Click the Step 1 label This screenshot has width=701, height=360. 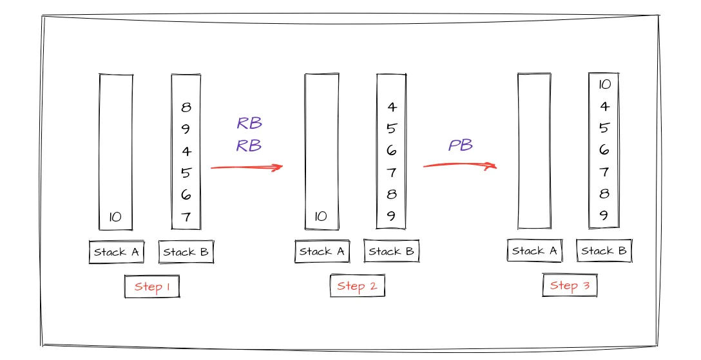coord(152,287)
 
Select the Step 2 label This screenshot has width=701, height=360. coord(357,286)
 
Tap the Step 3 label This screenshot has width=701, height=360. coord(570,285)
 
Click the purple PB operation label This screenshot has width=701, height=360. coord(461,146)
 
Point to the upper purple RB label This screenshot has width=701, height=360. coord(249,124)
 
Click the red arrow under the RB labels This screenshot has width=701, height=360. coord(247,167)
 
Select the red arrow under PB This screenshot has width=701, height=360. coord(459,166)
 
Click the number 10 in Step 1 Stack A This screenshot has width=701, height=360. coord(115,217)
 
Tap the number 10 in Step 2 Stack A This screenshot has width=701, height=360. coord(321,217)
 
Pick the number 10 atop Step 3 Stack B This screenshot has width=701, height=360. coord(604,84)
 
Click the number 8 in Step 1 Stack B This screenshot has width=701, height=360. coord(186,108)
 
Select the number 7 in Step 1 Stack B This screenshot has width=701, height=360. coord(186,217)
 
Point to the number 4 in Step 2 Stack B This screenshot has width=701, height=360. coord(392,108)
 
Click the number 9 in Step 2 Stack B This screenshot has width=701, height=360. coord(392,216)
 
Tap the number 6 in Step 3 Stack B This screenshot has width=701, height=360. coord(604,150)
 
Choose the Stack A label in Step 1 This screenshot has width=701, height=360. coord(116,252)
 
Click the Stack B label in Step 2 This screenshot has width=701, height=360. coord(392,251)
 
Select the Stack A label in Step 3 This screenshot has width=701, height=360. coord(534,251)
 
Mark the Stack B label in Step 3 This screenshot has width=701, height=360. coord(604,251)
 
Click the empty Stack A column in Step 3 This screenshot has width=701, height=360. coord(534,151)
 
